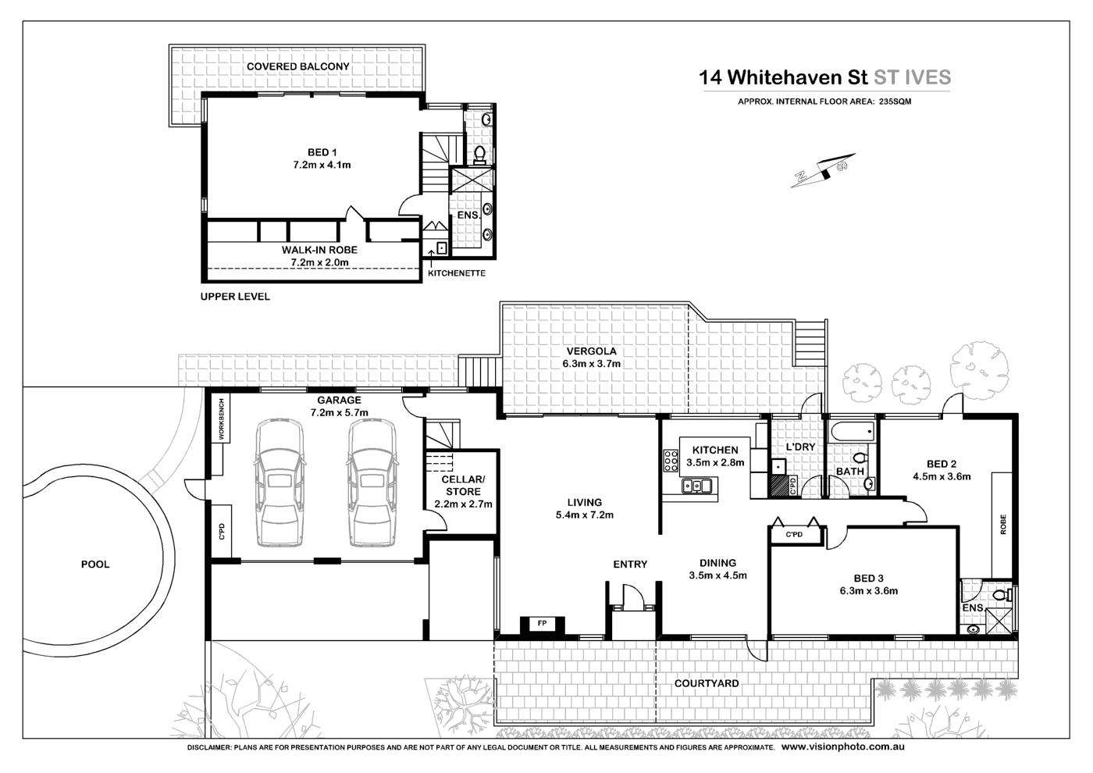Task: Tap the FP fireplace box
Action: click(x=542, y=624)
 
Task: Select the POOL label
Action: click(x=95, y=564)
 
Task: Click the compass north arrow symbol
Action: click(x=819, y=172)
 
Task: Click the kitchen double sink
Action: click(x=697, y=486)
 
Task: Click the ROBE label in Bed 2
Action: click(x=1002, y=523)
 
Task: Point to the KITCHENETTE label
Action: click(x=457, y=273)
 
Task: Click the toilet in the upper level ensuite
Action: click(x=480, y=152)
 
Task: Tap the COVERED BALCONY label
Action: click(x=297, y=67)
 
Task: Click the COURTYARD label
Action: click(x=707, y=683)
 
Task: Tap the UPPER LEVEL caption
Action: click(x=235, y=297)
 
